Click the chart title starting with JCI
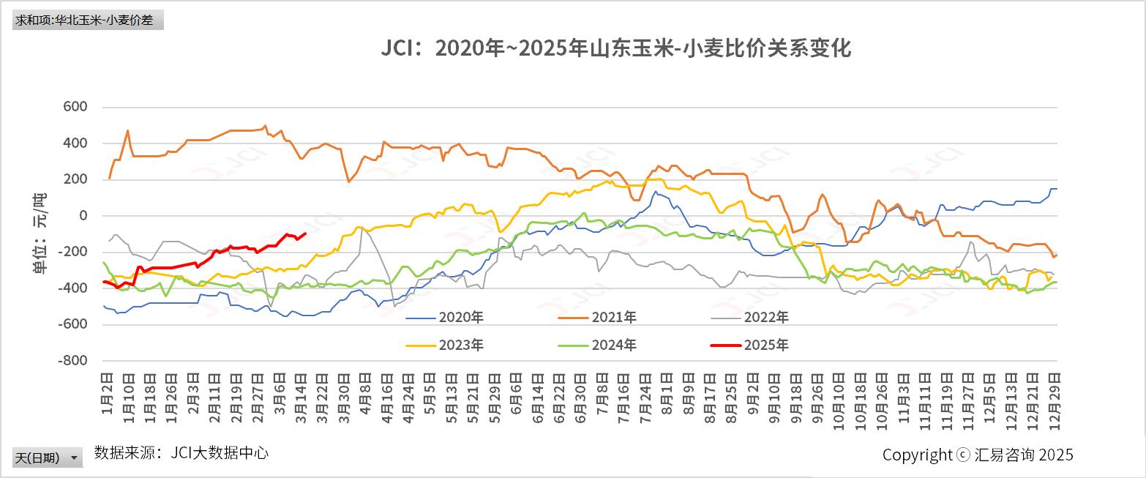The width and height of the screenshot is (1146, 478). [x=615, y=49]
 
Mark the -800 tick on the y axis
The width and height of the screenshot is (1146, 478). [x=72, y=361]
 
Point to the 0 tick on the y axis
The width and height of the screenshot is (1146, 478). [x=83, y=216]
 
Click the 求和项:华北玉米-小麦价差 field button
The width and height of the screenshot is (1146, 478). [x=87, y=20]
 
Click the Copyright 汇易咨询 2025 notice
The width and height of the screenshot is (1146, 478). [x=978, y=455]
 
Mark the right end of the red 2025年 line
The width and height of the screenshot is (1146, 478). [x=304, y=234]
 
